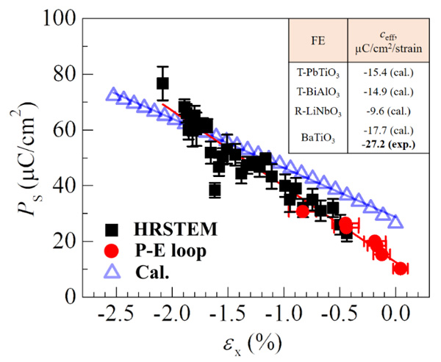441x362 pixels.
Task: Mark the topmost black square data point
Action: click(x=162, y=84)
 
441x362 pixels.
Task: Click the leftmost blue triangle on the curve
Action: click(x=112, y=94)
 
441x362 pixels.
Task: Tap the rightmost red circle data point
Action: click(x=400, y=269)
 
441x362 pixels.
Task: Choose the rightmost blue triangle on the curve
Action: click(x=396, y=222)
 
